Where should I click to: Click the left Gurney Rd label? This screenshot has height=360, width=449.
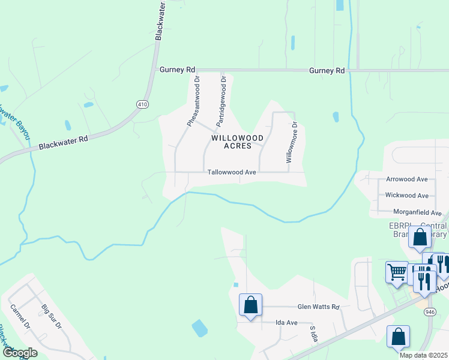click(178, 70)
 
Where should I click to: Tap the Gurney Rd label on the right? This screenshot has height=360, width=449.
click(327, 71)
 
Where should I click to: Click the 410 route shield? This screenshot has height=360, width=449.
click(142, 104)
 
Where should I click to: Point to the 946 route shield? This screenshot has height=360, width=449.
click(429, 312)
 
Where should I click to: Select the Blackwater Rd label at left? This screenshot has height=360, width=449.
click(63, 142)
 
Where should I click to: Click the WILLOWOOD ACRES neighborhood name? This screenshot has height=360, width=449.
click(237, 142)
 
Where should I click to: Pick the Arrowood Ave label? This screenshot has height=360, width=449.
click(406, 179)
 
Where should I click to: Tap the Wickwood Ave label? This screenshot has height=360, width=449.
click(406, 196)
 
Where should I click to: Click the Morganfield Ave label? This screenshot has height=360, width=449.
click(417, 212)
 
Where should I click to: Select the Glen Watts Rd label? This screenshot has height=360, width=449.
click(319, 307)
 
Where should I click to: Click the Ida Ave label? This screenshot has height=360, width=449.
click(286, 322)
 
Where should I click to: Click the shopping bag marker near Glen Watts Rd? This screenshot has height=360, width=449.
click(250, 305)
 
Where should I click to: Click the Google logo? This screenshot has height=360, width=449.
click(19, 353)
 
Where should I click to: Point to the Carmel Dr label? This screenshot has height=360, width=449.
click(20, 317)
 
